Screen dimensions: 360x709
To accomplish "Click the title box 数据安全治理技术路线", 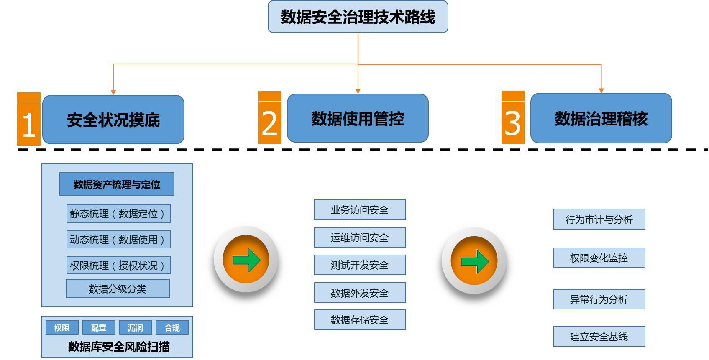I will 358,17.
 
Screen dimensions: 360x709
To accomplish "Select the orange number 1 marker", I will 29,120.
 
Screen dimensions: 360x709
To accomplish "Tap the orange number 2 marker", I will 269,118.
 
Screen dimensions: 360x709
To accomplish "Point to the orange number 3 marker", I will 513,118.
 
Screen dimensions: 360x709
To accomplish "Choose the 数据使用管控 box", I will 358,118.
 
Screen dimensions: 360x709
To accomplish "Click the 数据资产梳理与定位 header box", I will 117,184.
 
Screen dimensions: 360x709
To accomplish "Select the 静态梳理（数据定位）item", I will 118,214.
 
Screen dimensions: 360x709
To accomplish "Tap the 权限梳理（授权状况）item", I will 118,266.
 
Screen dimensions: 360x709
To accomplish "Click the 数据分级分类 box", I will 118,289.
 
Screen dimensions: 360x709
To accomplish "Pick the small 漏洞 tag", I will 136,328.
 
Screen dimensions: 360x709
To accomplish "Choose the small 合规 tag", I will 172,328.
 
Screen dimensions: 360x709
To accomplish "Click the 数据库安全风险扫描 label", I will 119,347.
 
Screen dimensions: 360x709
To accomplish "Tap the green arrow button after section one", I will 246,260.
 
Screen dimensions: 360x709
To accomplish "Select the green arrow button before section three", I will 474,261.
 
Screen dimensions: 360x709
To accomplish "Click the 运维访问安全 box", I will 360,237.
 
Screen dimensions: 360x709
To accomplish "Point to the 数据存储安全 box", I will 360,320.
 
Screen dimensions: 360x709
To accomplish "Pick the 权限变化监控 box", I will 599,258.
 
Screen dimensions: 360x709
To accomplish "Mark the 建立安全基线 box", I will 599,337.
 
